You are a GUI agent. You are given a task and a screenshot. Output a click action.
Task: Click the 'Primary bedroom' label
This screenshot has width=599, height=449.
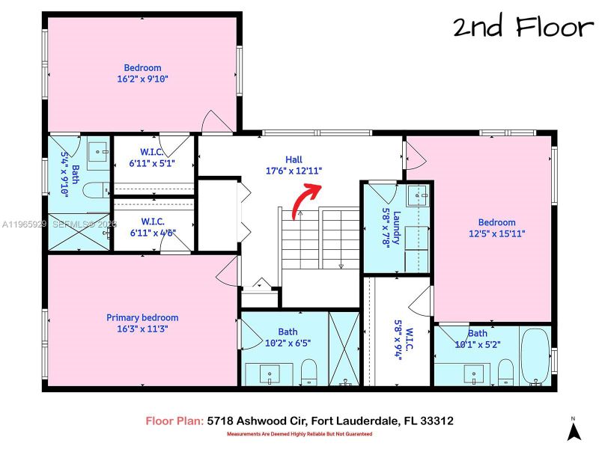point(142,317)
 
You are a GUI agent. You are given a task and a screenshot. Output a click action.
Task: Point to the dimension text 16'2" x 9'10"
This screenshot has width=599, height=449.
point(142,79)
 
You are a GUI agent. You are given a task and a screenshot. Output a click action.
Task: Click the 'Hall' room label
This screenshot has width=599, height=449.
point(294,159)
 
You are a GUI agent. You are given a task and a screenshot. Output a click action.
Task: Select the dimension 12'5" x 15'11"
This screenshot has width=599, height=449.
point(497,233)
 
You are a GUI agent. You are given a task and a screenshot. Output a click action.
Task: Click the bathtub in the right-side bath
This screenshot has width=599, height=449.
point(534,358)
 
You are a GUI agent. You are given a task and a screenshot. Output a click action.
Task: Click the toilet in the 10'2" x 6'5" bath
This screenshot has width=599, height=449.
point(308,371)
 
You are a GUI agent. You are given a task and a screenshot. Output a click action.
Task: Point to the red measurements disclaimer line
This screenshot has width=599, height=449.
point(299,434)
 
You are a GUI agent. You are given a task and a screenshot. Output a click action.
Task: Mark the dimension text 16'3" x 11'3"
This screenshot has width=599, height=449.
point(142,329)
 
